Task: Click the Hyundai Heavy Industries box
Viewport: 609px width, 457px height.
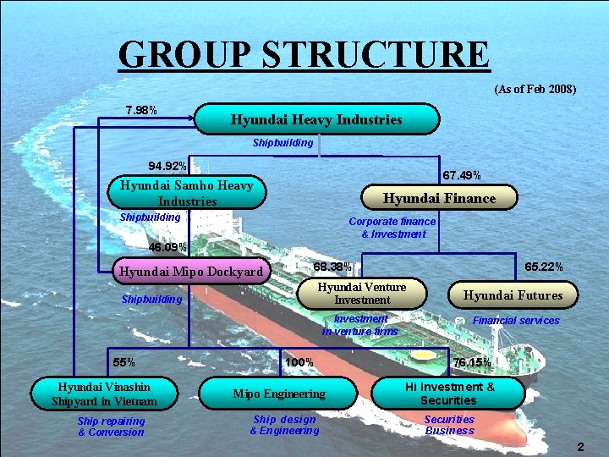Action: pos(317,119)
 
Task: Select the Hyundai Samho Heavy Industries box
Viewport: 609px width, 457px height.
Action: pos(187,193)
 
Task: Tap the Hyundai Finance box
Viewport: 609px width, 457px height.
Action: pos(439,198)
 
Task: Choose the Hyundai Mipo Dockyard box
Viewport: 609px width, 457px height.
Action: pos(191,272)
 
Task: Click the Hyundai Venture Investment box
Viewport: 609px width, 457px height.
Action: pos(361,293)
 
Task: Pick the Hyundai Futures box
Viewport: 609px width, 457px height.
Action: pos(513,295)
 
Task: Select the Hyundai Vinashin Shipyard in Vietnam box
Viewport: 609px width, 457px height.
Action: pos(105,393)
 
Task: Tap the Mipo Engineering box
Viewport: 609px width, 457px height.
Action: pos(279,394)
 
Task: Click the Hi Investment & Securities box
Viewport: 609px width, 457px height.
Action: pos(448,394)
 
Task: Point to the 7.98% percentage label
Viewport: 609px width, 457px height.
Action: pos(140,110)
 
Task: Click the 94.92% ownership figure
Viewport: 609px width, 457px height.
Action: pos(167,165)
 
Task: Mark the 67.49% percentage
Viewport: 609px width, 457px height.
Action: pos(462,175)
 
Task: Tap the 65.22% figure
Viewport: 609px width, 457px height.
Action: pos(544,267)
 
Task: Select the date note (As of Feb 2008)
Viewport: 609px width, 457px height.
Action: pos(534,89)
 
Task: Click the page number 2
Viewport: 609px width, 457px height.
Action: pos(580,446)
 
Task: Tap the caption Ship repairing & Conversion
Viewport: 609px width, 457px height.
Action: pos(111,427)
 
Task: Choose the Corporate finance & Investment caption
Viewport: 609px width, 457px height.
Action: pos(392,227)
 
